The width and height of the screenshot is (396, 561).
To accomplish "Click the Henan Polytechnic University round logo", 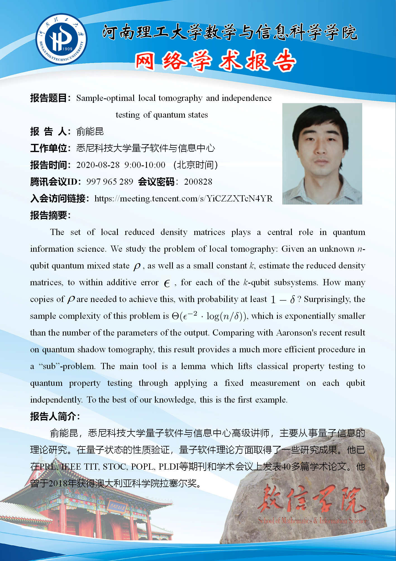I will click(x=61, y=39).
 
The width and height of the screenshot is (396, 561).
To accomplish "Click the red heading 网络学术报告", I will click(x=215, y=61).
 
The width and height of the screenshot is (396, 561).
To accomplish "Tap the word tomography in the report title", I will click(x=180, y=98).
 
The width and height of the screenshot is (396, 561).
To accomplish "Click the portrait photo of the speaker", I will click(x=322, y=154).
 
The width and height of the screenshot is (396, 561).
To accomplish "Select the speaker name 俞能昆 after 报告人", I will click(x=90, y=131).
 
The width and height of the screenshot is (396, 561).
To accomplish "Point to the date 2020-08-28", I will click(x=98, y=165).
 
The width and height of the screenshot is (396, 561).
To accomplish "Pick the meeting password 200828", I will click(x=198, y=182).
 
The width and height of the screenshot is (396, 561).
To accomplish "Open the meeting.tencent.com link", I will click(x=183, y=198).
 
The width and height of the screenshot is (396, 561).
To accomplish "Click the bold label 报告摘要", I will click(x=50, y=215).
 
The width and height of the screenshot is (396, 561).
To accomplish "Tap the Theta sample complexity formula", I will click(x=209, y=316).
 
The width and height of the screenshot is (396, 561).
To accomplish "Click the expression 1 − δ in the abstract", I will click(x=283, y=299).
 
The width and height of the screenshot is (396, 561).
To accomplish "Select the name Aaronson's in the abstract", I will click(x=297, y=333).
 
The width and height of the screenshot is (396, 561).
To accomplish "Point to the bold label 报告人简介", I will click(x=55, y=416).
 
